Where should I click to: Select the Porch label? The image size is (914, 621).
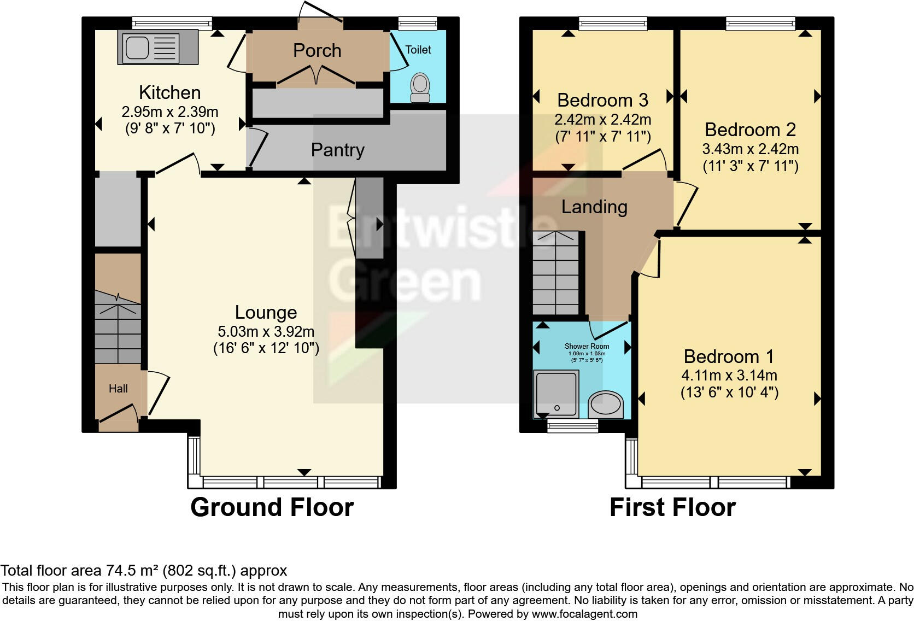(x=317, y=50)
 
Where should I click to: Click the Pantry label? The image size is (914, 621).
(x=337, y=150)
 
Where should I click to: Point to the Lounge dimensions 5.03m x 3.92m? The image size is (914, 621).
(x=266, y=331)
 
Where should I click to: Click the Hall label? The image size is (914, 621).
(x=118, y=389)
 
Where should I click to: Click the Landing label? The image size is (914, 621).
(x=594, y=207)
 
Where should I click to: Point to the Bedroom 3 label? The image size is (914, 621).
(x=602, y=100)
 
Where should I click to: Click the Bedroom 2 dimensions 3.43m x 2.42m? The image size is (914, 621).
(x=750, y=149)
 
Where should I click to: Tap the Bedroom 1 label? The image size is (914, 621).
(x=729, y=356)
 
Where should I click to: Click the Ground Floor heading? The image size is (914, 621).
(x=272, y=507)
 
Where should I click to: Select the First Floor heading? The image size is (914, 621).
(x=672, y=507)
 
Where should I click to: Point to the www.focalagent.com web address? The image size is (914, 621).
(x=584, y=614)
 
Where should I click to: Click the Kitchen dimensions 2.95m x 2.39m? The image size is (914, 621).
(x=169, y=112)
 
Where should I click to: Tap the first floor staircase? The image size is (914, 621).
(x=555, y=273)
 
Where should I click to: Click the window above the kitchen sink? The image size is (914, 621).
(x=172, y=23)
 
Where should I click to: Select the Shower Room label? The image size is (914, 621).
(x=587, y=346)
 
